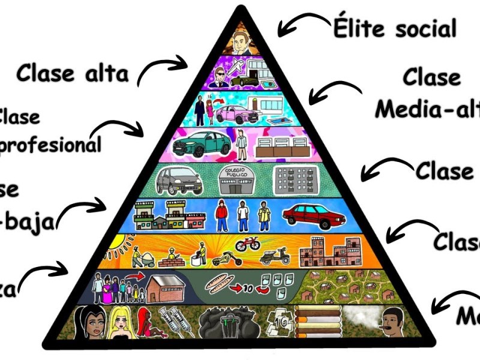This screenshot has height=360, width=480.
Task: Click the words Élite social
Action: tap(394, 28)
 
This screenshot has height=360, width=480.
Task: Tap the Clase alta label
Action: tap(72, 74)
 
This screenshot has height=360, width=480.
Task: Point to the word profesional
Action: tap(51, 145)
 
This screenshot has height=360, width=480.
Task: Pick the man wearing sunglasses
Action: tap(218, 76)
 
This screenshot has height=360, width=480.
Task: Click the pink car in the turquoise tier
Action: tap(235, 113)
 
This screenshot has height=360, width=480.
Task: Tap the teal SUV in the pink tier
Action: tap(201, 145)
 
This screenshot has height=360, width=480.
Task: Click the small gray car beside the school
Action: tap(179, 180)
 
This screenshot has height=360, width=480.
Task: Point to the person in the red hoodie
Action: tap(222, 215)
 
